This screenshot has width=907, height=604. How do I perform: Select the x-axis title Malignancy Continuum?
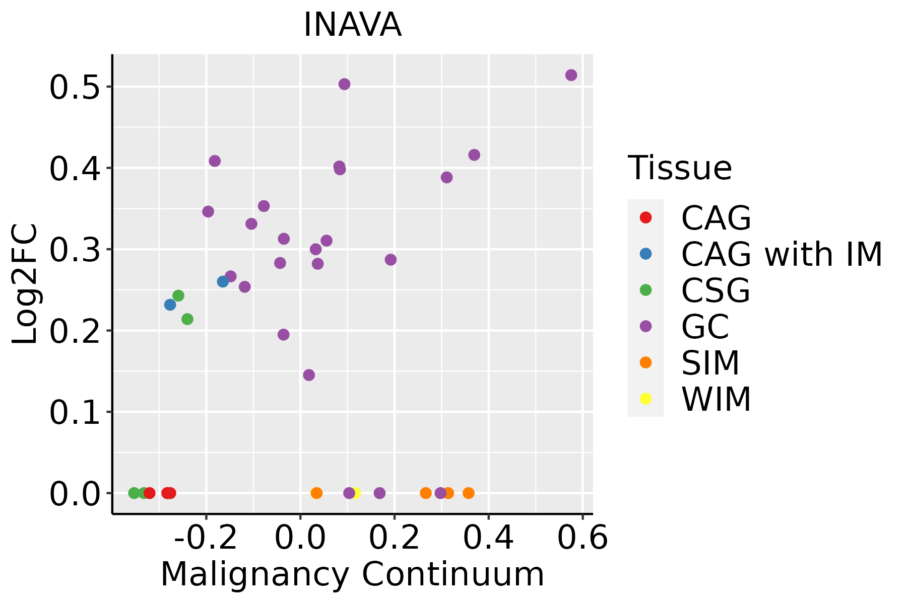pyautogui.click(x=352, y=574)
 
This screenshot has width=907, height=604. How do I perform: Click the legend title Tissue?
pyautogui.click(x=680, y=168)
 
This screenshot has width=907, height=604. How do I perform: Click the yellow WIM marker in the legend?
pyautogui.click(x=645, y=399)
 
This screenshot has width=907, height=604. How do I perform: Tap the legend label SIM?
pyautogui.click(x=710, y=363)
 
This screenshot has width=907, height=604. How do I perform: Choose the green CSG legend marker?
pyautogui.click(x=645, y=290)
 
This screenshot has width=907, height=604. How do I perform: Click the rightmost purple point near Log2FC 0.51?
pyautogui.click(x=571, y=75)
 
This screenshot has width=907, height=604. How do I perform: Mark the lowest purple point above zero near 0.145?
pyautogui.click(x=309, y=375)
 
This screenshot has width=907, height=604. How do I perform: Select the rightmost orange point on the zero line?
pyautogui.click(x=469, y=493)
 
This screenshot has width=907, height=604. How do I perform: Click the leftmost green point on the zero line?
pyautogui.click(x=134, y=493)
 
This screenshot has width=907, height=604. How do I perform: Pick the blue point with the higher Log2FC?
pyautogui.click(x=223, y=281)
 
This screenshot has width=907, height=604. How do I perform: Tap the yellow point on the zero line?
pyautogui.click(x=356, y=493)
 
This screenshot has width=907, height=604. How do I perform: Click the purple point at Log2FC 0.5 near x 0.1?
pyautogui.click(x=344, y=84)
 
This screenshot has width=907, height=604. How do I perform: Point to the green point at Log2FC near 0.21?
pyautogui.click(x=187, y=319)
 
